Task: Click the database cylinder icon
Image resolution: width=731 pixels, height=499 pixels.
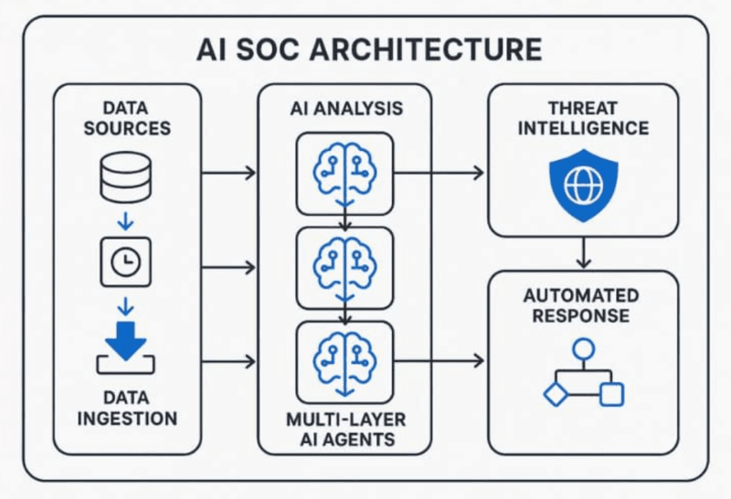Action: [126, 177]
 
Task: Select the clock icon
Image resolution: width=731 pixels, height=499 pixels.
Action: [126, 261]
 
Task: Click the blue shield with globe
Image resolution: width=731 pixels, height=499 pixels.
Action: [584, 186]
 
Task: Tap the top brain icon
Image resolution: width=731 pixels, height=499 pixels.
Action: [345, 174]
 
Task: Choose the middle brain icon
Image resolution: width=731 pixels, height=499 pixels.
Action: [345, 269]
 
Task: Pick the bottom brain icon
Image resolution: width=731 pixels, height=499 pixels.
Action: [345, 363]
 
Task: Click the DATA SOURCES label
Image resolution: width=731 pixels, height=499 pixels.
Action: [127, 118]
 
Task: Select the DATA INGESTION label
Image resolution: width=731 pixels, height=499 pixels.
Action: [127, 408]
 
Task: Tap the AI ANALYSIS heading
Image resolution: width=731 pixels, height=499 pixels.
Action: [346, 108]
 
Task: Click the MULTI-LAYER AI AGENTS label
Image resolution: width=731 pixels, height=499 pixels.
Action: [346, 429]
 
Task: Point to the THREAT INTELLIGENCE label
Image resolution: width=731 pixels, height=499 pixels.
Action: [583, 118]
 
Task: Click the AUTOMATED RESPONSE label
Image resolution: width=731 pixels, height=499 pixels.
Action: [581, 305]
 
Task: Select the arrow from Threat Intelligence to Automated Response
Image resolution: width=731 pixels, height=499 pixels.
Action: [583, 253]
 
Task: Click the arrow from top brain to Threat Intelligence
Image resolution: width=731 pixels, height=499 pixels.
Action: [439, 173]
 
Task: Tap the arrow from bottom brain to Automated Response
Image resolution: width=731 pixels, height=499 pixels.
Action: [439, 360]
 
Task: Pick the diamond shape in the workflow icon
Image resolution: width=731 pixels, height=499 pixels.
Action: [556, 394]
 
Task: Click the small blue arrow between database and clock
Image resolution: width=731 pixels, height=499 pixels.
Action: [125, 221]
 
